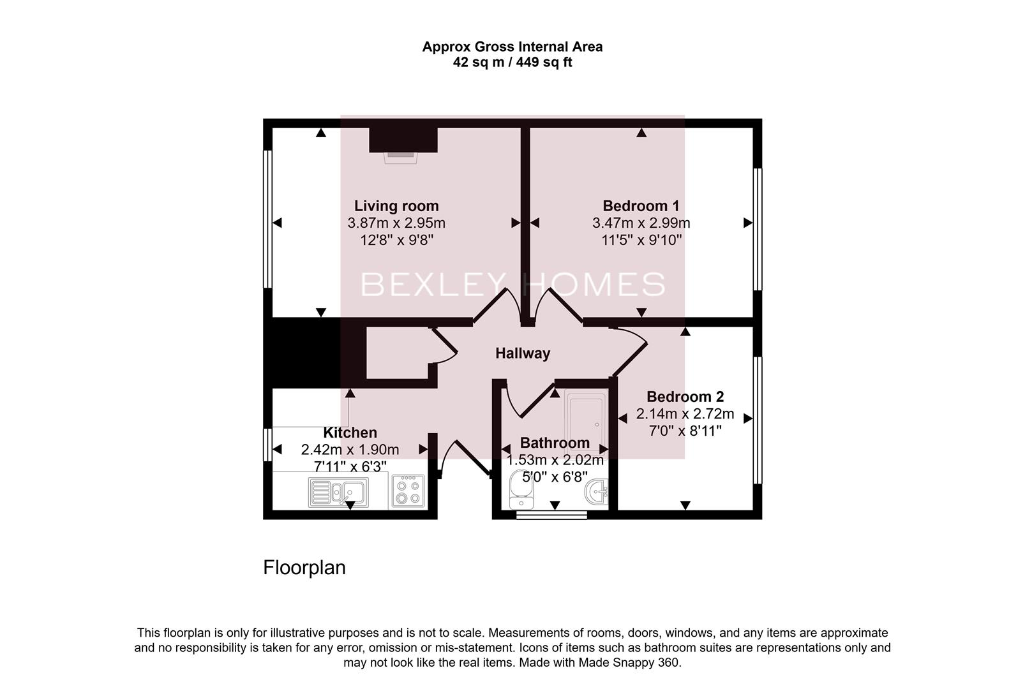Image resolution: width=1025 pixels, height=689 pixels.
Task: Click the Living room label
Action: [396, 206]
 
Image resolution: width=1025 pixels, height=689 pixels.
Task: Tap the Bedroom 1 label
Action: [641, 206]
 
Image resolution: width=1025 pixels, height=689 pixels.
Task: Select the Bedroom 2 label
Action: [685, 397]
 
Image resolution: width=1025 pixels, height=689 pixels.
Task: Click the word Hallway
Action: [523, 353]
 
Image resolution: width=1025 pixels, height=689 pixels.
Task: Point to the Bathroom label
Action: [554, 443]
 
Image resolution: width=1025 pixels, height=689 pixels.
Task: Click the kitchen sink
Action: [338, 493]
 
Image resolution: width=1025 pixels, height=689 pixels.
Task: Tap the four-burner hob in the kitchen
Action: [408, 491]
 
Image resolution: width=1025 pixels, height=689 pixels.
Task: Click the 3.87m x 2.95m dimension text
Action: [396, 223]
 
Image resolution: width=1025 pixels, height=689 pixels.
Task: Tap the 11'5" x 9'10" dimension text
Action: [641, 241]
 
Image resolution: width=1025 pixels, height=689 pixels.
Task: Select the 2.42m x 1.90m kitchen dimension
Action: [350, 450]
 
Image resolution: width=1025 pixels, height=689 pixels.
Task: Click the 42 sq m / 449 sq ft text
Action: [512, 63]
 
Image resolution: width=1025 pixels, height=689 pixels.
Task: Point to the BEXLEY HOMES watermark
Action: [512, 285]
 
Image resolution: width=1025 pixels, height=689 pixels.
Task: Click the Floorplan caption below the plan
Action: [304, 567]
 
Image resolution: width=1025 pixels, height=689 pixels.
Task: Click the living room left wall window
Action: [268, 219]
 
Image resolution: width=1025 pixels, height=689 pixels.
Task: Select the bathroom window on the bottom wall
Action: [551, 515]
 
